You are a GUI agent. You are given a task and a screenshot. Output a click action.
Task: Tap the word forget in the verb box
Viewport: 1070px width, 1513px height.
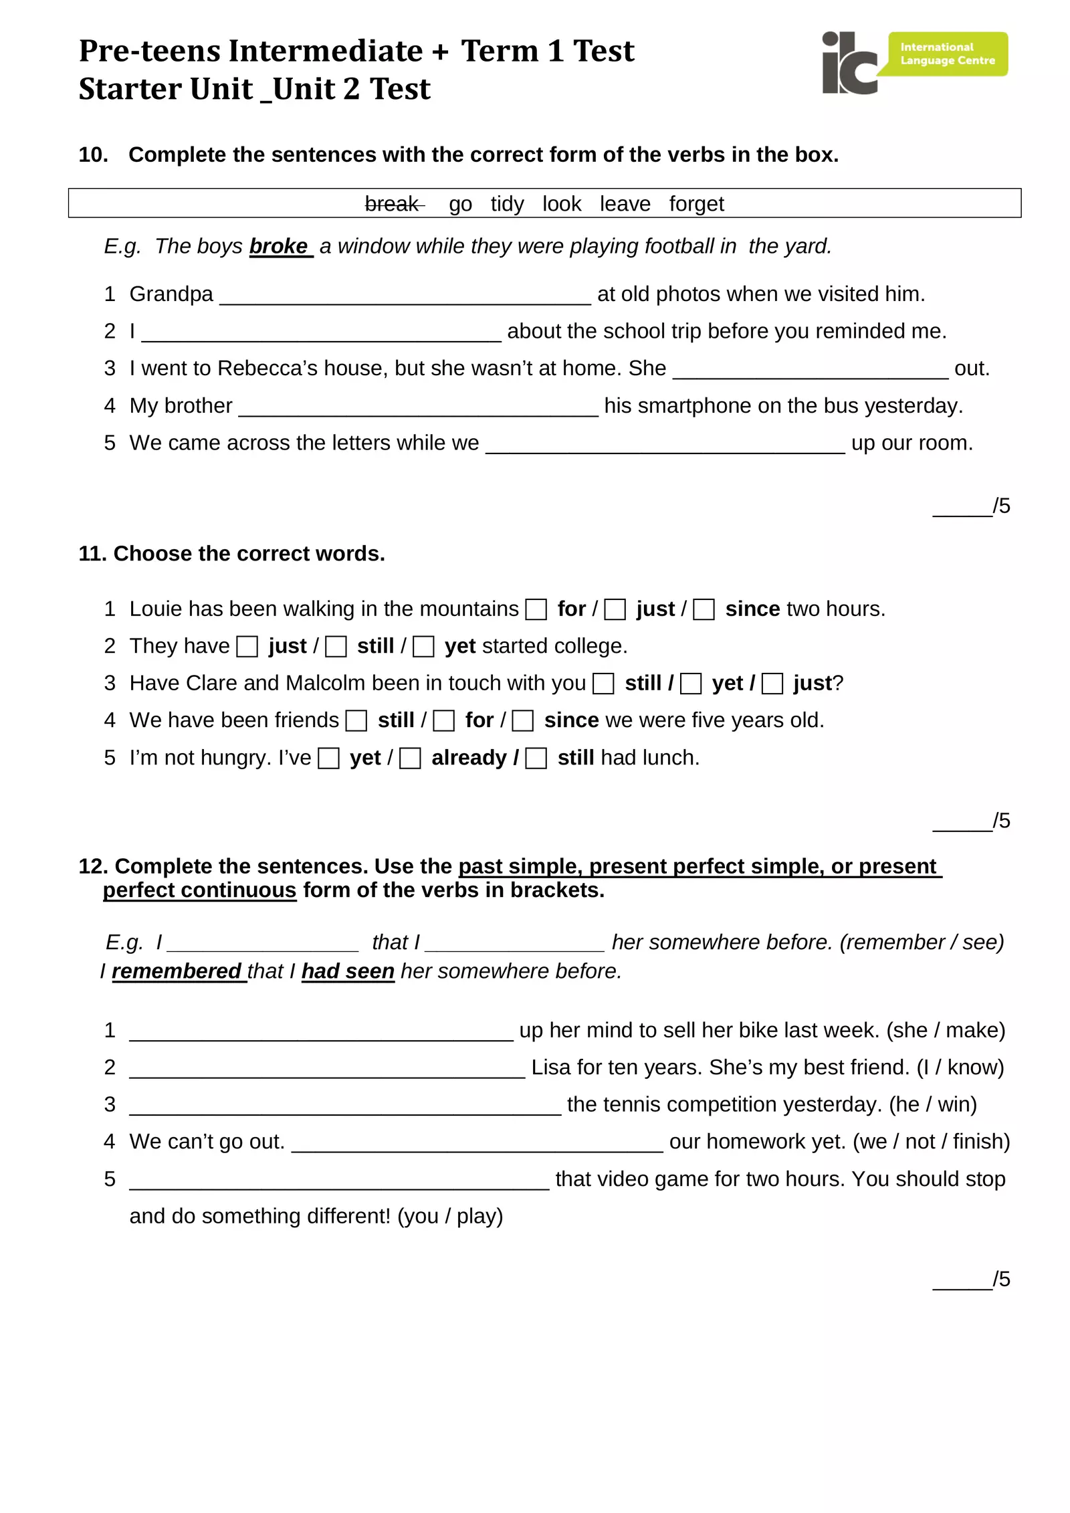pos(696,203)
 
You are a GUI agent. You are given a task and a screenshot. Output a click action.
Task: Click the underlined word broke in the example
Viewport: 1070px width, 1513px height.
pos(279,246)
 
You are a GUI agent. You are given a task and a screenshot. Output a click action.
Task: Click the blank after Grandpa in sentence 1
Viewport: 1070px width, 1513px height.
pos(405,296)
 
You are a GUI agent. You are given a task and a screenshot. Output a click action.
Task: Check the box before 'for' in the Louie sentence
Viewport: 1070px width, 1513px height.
pos(536,609)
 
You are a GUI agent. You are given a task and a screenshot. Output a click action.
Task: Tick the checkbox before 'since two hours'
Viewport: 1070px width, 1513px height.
pos(704,609)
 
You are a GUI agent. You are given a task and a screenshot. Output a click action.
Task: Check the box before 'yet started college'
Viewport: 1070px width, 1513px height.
pos(423,647)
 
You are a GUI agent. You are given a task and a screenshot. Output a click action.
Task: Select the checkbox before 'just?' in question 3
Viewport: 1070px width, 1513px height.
pos(772,684)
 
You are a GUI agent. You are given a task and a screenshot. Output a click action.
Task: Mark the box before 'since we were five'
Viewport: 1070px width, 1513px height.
pos(523,721)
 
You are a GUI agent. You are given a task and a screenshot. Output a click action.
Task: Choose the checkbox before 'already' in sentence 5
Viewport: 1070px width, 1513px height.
pos(410,759)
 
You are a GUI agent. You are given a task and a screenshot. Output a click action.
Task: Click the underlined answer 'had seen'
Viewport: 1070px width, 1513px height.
pos(348,971)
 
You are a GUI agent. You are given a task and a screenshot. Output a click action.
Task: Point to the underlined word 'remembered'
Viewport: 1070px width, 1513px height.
pos(177,971)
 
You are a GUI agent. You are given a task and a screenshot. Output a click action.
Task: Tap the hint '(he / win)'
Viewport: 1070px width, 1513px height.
pos(933,1104)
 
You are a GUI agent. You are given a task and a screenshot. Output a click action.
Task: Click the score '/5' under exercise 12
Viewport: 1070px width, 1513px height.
pos(1001,1279)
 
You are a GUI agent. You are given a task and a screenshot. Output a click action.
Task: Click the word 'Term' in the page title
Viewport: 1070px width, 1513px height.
pos(500,51)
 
